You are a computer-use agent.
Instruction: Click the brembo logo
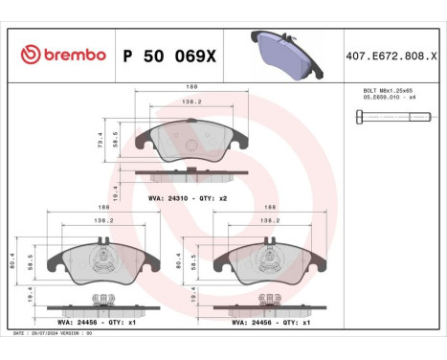click(x=62, y=56)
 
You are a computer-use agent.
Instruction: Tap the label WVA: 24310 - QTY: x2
click(x=187, y=196)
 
